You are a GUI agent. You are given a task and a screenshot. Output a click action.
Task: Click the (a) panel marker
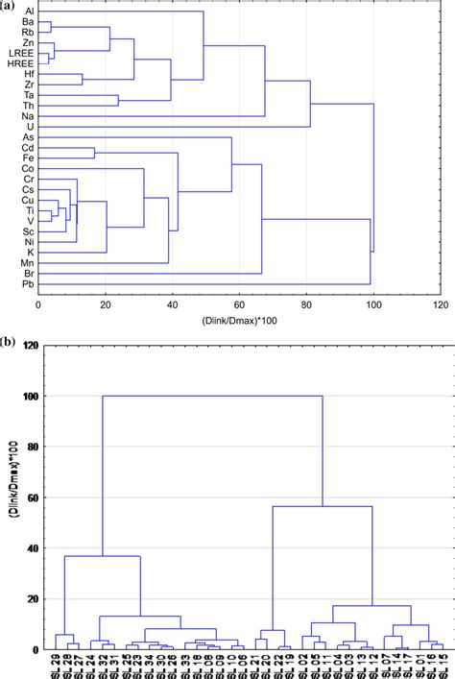click(x=9, y=5)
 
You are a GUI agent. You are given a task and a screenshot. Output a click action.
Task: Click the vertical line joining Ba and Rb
click(x=52, y=27)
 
